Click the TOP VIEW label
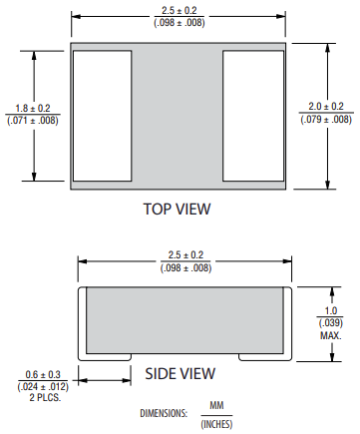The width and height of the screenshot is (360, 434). [177, 209]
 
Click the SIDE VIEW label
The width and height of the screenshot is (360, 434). [180, 373]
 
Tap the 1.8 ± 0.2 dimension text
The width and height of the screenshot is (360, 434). [33, 108]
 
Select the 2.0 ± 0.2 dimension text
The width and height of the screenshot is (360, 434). [326, 107]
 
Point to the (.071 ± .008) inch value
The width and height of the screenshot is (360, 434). [33, 120]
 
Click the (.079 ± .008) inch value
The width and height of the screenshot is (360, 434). [326, 119]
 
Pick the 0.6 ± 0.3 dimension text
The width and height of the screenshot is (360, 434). [43, 375]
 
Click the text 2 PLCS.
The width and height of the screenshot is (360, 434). [45, 397]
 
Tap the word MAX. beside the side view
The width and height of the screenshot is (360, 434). [331, 335]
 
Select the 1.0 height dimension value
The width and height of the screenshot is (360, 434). [331, 310]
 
